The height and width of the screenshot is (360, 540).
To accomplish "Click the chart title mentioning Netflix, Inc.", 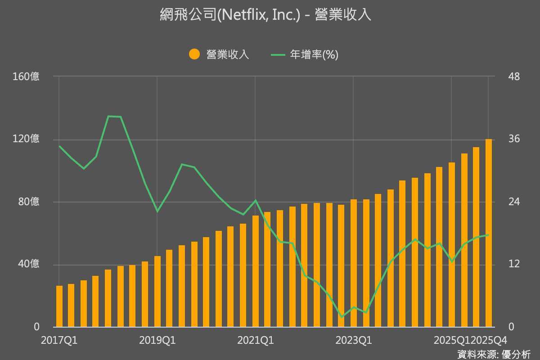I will [265, 15].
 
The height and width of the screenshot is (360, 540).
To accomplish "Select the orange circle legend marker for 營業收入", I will [194, 54].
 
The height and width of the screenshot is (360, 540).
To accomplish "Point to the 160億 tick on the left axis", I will [27, 76].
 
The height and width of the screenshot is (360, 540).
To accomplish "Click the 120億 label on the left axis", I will [27, 139].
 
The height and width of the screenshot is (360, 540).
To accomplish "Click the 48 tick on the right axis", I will [501, 76].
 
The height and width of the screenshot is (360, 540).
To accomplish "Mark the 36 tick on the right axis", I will [501, 139].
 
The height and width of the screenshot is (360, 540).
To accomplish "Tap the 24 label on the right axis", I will [501, 202].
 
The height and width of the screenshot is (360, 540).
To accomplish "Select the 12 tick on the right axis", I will [501, 264].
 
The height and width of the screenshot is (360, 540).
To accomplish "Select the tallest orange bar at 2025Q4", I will [488, 234].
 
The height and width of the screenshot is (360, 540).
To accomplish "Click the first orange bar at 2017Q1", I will [59, 306].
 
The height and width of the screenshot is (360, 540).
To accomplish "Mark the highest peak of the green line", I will [108, 116].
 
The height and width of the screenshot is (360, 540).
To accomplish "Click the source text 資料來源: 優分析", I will [494, 354].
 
